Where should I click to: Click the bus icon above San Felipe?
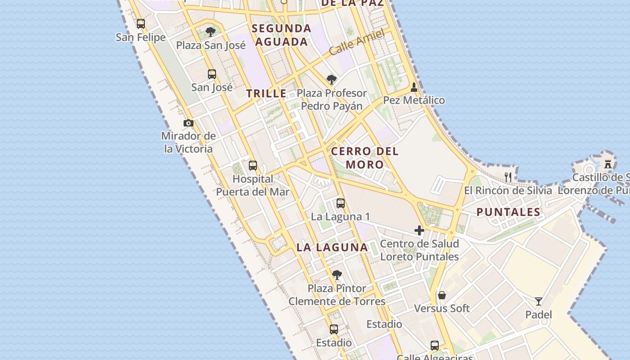pyautogui.click(x=141, y=23)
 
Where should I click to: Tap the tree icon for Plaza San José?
pyautogui.click(x=210, y=31)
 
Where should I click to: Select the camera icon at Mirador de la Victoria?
pyautogui.click(x=189, y=123)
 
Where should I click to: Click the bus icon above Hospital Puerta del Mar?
pyautogui.click(x=253, y=166)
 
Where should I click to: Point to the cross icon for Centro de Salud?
pyautogui.click(x=419, y=230)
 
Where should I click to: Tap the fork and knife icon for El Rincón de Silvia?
pyautogui.click(x=508, y=177)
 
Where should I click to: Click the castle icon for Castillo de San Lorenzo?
pyautogui.click(x=608, y=164)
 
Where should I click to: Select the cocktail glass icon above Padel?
pyautogui.click(x=538, y=301)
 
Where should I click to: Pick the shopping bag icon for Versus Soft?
pyautogui.click(x=442, y=295)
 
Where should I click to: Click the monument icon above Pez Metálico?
pyautogui.click(x=414, y=87)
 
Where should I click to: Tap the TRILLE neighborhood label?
pyautogui.click(x=266, y=94)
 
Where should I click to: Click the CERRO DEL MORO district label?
pyautogui.click(x=365, y=158)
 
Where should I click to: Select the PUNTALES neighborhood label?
pyautogui.click(x=508, y=212)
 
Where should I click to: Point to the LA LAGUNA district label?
pyautogui.click(x=332, y=247)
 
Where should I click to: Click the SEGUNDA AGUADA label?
pyautogui.click(x=281, y=35)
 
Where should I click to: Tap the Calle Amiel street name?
pyautogui.click(x=357, y=42)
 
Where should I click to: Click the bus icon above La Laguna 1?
pyautogui.click(x=341, y=203)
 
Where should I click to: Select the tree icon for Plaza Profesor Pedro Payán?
pyautogui.click(x=332, y=80)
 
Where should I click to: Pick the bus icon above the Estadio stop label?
pyautogui.click(x=333, y=329)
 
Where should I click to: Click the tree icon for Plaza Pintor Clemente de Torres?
pyautogui.click(x=337, y=274)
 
